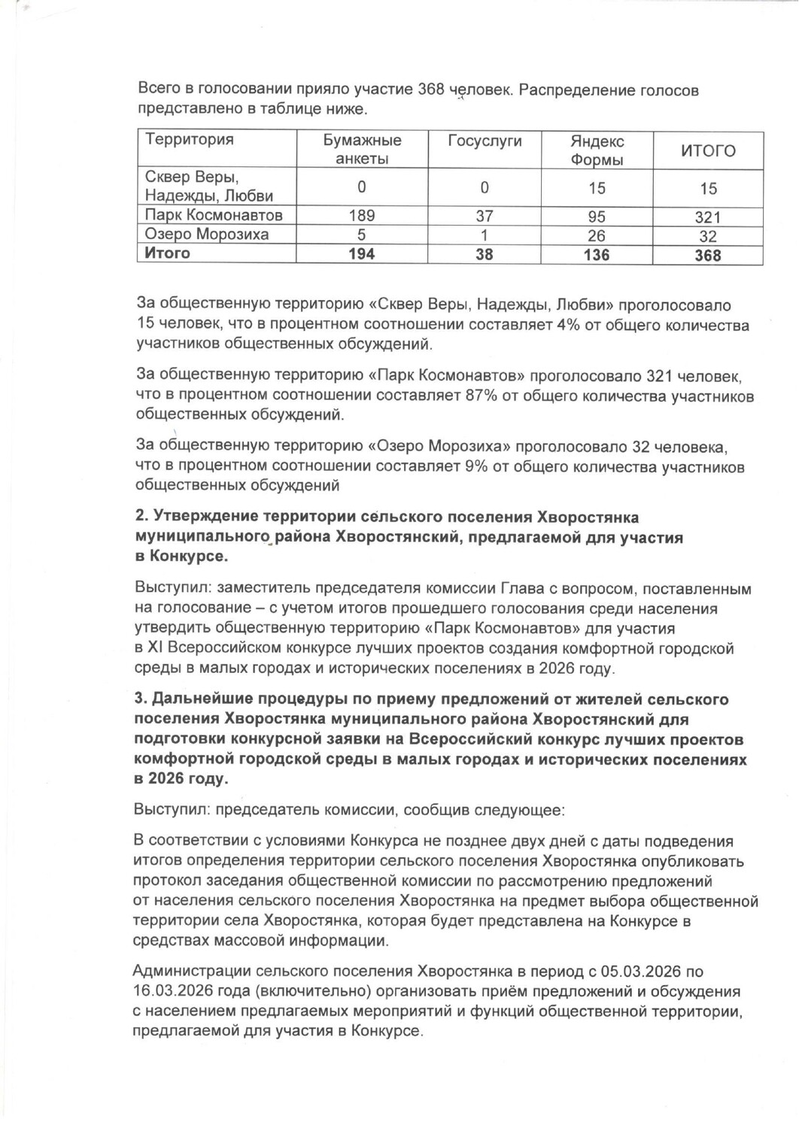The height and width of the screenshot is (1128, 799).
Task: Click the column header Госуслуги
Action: point(485,141)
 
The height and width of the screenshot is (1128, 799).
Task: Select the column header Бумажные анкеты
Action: point(362,149)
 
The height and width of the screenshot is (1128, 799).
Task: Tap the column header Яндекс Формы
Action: point(597,150)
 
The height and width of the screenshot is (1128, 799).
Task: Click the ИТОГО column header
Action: point(708,150)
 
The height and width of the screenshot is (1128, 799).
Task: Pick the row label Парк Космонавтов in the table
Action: point(214,215)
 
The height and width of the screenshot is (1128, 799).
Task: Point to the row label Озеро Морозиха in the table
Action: point(206,234)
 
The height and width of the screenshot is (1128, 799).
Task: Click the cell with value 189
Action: point(362,216)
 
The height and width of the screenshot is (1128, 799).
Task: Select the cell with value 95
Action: point(597,217)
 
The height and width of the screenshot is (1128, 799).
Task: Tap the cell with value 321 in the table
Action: point(708,217)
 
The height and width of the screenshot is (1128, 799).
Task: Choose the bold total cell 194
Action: point(362,254)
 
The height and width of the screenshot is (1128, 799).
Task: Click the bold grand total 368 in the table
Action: point(708,256)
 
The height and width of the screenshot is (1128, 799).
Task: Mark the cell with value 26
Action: point(597,236)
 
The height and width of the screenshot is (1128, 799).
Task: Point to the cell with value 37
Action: point(485,216)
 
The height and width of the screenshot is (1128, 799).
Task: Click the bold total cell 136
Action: point(597,255)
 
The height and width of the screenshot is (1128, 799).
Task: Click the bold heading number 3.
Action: point(140,699)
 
